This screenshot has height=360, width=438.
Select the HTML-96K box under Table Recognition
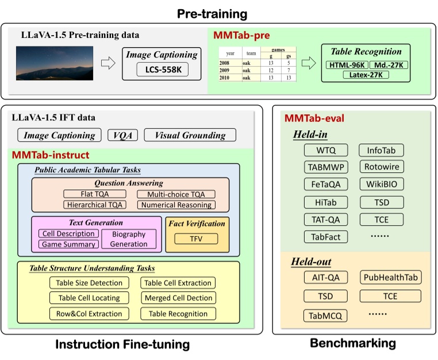(x=346, y=65)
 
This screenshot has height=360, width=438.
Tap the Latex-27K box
(x=366, y=75)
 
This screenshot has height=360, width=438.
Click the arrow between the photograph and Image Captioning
(x=108, y=63)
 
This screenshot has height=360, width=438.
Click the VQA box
(x=121, y=136)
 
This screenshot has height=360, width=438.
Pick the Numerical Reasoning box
(x=176, y=204)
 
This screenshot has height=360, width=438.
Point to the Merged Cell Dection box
(x=178, y=298)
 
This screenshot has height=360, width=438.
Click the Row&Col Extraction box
(x=89, y=313)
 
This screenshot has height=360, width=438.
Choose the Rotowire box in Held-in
(x=381, y=168)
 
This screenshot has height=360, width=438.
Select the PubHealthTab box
(x=391, y=278)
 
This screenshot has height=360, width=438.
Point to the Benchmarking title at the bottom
(x=352, y=343)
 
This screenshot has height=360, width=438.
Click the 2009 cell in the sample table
(x=226, y=69)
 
